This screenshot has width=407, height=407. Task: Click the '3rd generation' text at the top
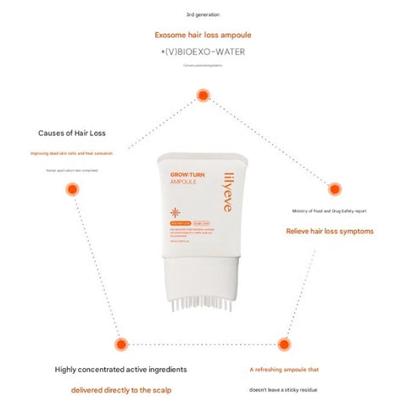[203, 15]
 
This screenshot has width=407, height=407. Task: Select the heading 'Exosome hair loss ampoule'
[203, 35]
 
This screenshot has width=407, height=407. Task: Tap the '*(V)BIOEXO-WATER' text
[203, 53]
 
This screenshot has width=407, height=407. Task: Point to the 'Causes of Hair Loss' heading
[72, 133]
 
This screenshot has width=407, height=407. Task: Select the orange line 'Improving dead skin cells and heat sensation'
[71, 153]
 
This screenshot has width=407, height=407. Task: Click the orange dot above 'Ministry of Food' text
[335, 188]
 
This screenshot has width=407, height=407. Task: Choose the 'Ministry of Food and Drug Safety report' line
[330, 212]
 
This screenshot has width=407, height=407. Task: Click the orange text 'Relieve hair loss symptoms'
[329, 230]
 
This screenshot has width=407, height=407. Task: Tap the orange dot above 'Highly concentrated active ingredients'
[120, 344]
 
